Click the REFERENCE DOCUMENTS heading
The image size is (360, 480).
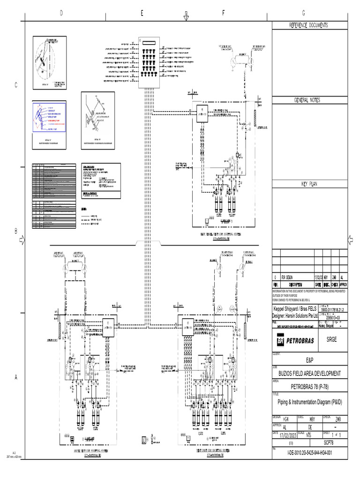[308, 25]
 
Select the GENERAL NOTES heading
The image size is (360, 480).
[308, 101]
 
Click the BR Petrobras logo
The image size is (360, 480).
[297, 339]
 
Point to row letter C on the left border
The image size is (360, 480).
[15, 85]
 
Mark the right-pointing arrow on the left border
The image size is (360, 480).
[21, 240]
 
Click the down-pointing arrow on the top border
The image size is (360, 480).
[186, 17]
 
